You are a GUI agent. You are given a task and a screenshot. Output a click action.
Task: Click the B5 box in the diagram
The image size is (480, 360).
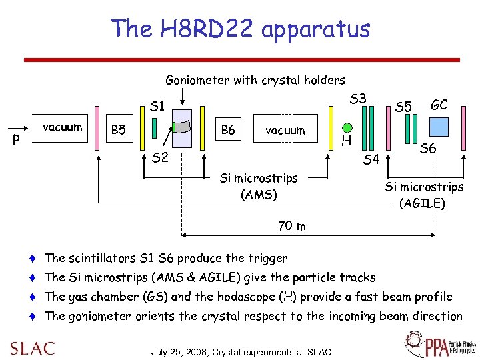point(118,129)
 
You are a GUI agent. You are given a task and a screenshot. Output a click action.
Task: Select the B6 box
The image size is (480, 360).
point(227,129)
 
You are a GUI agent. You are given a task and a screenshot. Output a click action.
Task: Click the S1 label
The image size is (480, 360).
point(158,105)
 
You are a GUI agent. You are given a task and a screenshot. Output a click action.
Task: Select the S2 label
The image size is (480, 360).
point(160,158)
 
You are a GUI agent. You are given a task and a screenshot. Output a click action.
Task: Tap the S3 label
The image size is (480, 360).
point(358,99)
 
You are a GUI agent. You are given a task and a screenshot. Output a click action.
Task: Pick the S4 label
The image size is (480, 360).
point(371,159)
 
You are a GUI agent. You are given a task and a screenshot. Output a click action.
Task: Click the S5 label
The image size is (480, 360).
point(403,106)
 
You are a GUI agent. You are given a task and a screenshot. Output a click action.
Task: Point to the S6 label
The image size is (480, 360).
point(428,150)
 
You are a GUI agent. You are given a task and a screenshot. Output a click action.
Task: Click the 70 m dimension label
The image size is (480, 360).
point(292,226)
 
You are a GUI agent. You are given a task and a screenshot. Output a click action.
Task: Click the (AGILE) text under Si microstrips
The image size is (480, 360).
point(422,203)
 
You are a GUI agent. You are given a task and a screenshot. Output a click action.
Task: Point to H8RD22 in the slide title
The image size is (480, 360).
point(207,29)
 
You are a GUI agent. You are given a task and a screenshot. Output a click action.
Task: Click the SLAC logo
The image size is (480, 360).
point(32,348)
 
